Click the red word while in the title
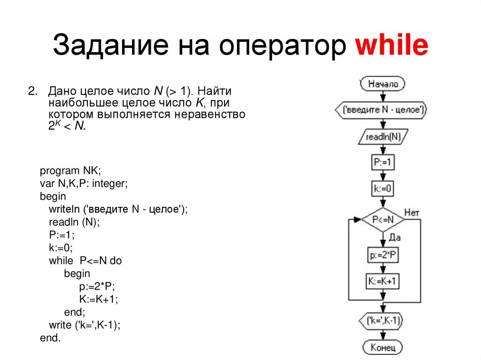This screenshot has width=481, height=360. [x=391, y=46]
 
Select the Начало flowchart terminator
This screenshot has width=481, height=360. [x=383, y=84]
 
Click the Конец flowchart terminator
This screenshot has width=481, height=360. [x=382, y=347]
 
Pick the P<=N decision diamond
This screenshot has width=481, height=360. [x=382, y=220]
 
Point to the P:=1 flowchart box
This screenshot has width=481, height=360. [x=382, y=162]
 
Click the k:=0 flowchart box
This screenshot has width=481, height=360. [x=382, y=189]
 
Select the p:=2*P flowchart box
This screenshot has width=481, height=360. [x=382, y=255]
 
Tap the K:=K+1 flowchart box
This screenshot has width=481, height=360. [x=382, y=282]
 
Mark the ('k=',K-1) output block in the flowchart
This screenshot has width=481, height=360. [x=383, y=321]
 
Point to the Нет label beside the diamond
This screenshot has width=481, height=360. [x=411, y=213]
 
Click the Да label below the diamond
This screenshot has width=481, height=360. [x=394, y=238]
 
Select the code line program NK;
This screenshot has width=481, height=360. [x=70, y=170]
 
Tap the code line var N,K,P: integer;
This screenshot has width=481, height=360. [x=84, y=183]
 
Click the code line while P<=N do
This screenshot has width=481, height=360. [x=85, y=260]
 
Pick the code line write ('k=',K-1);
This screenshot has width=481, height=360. [x=84, y=324]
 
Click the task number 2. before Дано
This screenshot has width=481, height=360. [x=33, y=91]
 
